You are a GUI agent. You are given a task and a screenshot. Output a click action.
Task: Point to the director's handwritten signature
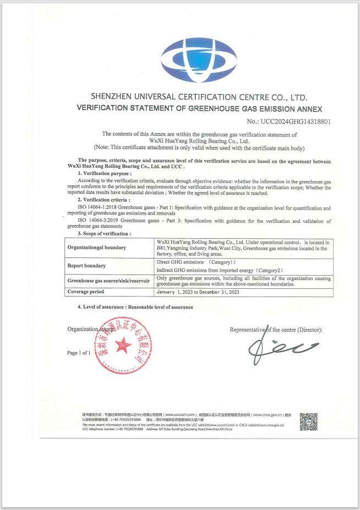point(281,348)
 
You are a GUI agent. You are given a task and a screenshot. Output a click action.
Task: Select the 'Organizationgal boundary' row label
point(97,248)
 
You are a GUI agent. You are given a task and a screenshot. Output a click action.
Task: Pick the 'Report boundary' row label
point(87,266)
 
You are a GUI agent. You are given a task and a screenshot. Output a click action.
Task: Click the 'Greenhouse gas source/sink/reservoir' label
point(108,281)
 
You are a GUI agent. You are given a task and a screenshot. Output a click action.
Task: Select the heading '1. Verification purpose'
point(105,173)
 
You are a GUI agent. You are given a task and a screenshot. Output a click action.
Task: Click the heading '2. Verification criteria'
point(105,199)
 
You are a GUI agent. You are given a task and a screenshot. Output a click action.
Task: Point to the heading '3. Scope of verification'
point(105,234)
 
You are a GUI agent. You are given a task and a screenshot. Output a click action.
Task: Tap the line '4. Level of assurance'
point(135,307)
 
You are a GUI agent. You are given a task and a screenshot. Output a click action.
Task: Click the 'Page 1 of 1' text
point(79,353)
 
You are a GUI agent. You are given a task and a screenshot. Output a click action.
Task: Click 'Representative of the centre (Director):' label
point(276,330)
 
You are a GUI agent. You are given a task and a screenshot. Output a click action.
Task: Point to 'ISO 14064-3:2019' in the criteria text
point(98,221)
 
